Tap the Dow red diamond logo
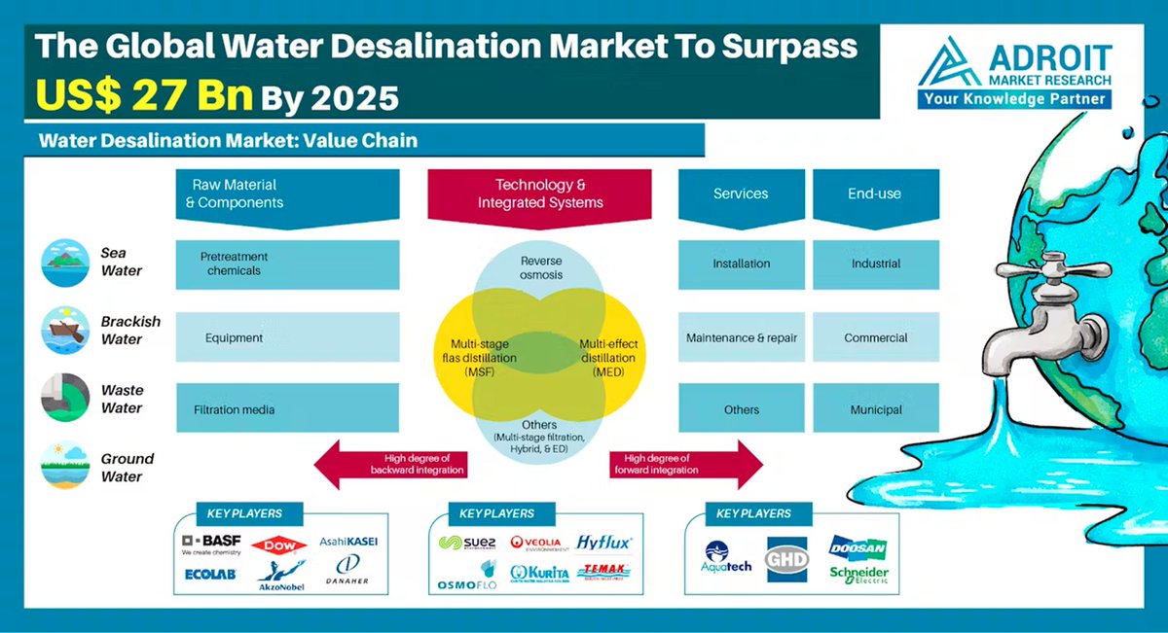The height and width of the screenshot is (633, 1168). tap(278, 545)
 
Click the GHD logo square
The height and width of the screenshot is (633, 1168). tap(787, 558)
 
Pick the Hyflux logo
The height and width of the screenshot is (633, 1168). tap(603, 542)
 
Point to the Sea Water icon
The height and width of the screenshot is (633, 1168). tap(65, 263)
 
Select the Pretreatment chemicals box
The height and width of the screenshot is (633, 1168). tap(287, 264)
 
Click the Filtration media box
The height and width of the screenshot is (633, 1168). tap(287, 409)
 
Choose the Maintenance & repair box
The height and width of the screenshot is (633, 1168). tap(742, 337)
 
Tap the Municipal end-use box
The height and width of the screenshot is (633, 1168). tap(876, 409)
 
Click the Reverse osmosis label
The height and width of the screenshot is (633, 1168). tap(541, 267)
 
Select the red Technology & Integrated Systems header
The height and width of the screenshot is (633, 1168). tap(540, 193)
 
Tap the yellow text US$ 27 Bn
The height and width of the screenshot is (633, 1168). tap(145, 96)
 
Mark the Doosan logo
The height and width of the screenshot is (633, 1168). tap(858, 547)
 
